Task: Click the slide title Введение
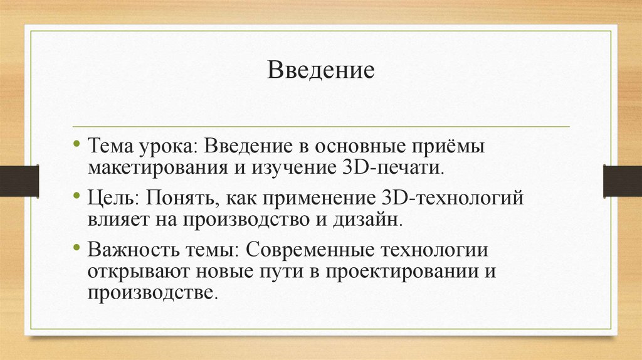(x=321, y=70)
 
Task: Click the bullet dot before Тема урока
(x=76, y=144)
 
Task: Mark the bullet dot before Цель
(x=76, y=197)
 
